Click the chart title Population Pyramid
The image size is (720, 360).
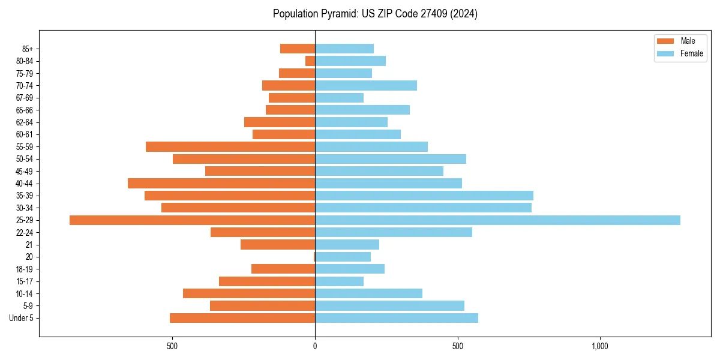[375, 14]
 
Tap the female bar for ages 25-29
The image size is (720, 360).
[497, 220]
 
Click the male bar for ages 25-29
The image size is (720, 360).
[192, 220]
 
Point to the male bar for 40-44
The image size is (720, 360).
[221, 184]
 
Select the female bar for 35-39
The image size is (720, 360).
[424, 196]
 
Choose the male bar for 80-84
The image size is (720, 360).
[310, 61]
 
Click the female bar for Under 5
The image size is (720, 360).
[397, 318]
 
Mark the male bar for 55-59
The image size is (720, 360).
[230, 147]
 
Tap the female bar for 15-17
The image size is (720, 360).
[339, 281]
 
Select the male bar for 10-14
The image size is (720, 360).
[249, 293]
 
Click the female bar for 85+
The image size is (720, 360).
[344, 49]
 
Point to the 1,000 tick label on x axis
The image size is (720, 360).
[600, 346]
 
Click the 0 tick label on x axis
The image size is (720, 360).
[315, 346]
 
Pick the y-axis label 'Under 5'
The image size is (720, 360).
[21, 318]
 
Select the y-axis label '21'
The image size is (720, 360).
[29, 245]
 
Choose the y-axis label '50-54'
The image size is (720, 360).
[25, 159]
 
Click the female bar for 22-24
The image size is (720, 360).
[394, 232]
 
